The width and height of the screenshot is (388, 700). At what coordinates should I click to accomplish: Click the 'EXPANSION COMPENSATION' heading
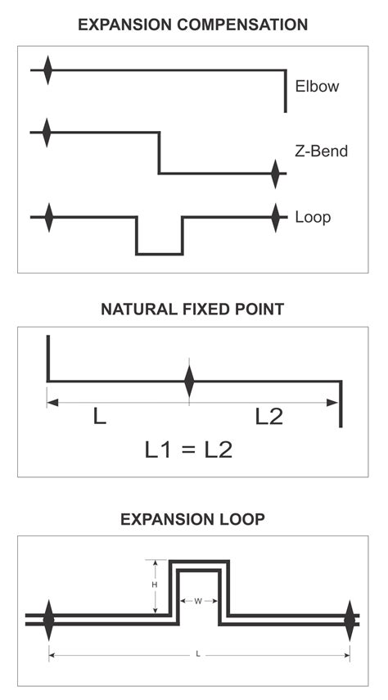pyautogui.click(x=193, y=25)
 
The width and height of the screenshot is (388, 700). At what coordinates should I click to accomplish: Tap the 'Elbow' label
pyautogui.click(x=317, y=86)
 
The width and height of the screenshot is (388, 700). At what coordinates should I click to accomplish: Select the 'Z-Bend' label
pyautogui.click(x=321, y=151)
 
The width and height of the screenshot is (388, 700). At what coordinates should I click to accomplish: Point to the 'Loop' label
pyautogui.click(x=313, y=219)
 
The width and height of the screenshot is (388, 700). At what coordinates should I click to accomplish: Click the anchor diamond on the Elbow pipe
pyautogui.click(x=47, y=70)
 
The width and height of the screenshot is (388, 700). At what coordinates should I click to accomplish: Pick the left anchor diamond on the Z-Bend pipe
pyautogui.click(x=47, y=132)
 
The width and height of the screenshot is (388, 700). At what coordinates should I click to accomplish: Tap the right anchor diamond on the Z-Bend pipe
pyautogui.click(x=277, y=174)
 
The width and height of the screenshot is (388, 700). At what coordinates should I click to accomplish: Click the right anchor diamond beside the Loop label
pyautogui.click(x=277, y=217)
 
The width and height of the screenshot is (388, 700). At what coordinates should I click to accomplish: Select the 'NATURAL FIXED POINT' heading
pyautogui.click(x=193, y=309)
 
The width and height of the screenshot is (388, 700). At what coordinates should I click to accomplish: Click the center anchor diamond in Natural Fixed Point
pyautogui.click(x=190, y=381)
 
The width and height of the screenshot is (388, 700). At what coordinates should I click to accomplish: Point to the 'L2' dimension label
pyautogui.click(x=268, y=417)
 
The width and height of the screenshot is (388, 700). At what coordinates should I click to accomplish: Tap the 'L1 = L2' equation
pyautogui.click(x=188, y=449)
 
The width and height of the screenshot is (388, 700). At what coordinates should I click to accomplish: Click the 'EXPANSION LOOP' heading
pyautogui.click(x=193, y=519)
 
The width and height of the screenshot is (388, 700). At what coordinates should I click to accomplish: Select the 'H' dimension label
pyautogui.click(x=156, y=586)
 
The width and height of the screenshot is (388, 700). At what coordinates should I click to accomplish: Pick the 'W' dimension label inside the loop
pyautogui.click(x=198, y=601)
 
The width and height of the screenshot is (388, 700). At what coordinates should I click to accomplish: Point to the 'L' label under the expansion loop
pyautogui.click(x=198, y=654)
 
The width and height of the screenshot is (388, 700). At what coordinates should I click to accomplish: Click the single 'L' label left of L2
pyautogui.click(x=100, y=417)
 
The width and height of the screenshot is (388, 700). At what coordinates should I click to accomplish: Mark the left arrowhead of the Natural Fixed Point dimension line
pyautogui.click(x=52, y=402)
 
